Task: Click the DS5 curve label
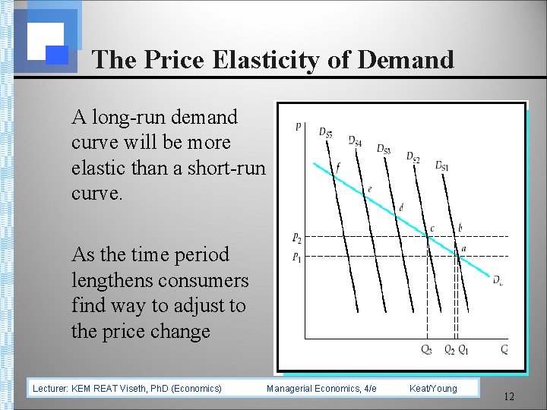(325, 133)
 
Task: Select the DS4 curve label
(355, 140)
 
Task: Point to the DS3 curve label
(384, 149)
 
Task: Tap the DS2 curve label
(413, 157)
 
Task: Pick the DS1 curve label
(441, 166)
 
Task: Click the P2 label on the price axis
(296, 238)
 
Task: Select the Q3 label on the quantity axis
(428, 349)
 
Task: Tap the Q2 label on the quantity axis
(449, 349)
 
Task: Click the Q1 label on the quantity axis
(463, 349)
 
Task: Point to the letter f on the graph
(338, 166)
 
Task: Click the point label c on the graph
(432, 228)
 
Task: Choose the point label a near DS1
(463, 248)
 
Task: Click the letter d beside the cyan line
(400, 207)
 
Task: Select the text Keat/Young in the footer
(433, 388)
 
